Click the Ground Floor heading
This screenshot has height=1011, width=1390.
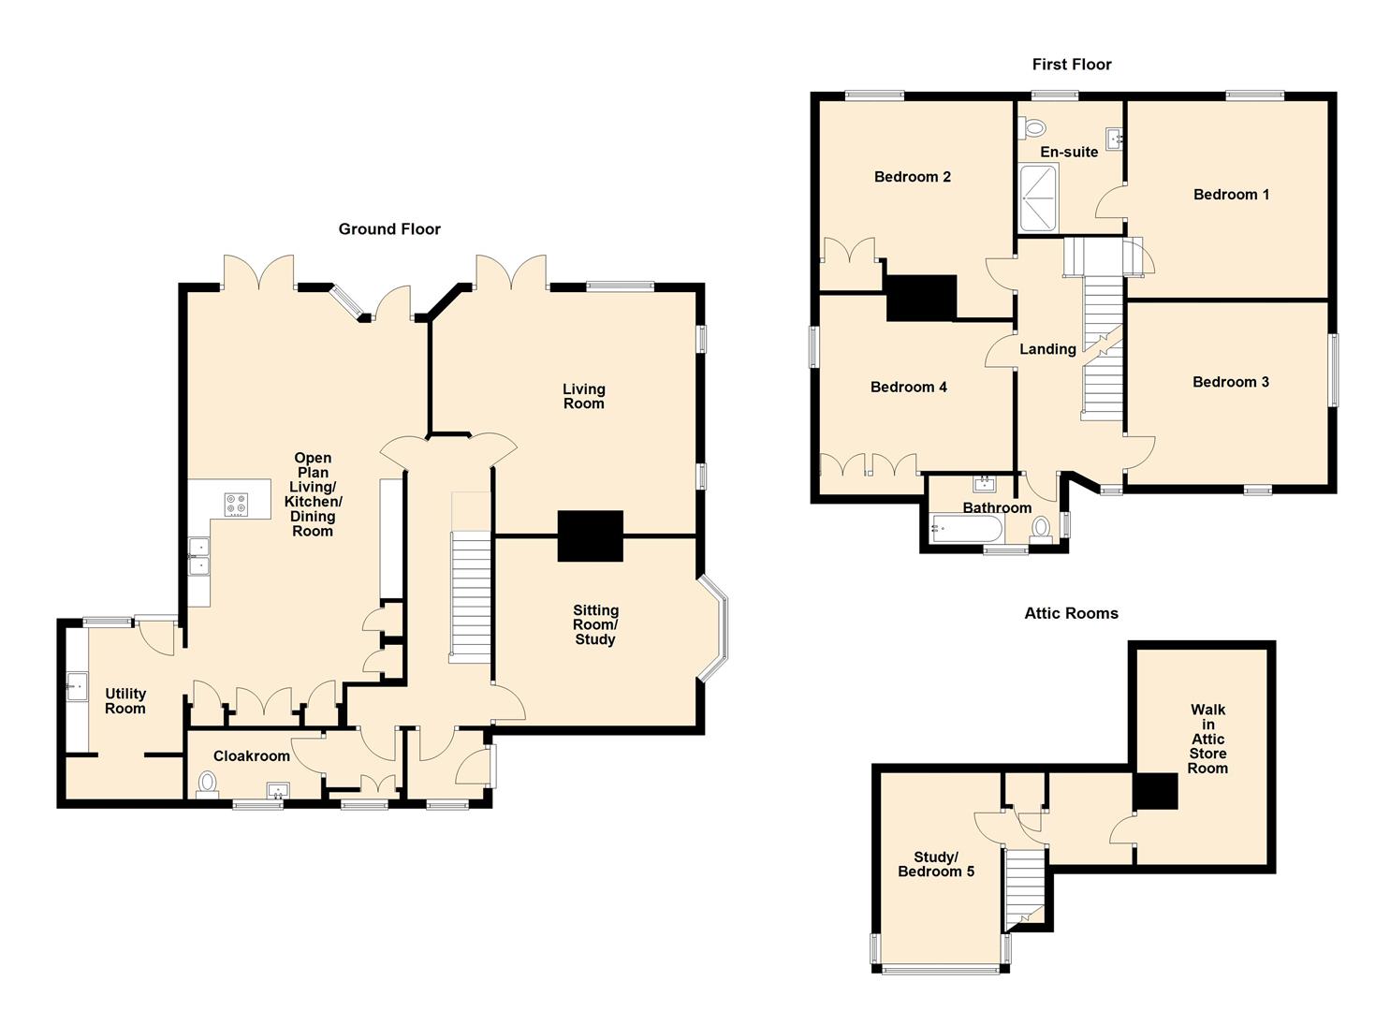pos(389,229)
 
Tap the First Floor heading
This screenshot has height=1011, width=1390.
pos(1072,64)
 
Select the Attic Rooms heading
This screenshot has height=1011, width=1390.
pos(1071,613)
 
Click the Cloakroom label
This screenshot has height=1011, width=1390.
pos(251,756)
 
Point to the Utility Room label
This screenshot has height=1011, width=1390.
pos(125,701)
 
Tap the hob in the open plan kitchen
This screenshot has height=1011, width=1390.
pos(237,503)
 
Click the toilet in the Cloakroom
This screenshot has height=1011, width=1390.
pos(208,784)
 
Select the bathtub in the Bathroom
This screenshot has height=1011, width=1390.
pos(967,530)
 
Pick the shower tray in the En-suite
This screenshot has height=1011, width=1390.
pos(1038,198)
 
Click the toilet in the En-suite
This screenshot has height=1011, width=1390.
pos(1032,128)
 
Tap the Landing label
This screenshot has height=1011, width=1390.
pos(1047,349)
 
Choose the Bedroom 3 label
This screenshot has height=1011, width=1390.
pos(1231,382)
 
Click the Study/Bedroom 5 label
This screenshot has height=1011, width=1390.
pos(936,864)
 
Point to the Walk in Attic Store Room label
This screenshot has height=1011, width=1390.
pos(1207,739)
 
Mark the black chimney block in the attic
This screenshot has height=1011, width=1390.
pos(1155,791)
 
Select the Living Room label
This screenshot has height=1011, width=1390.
pos(583,396)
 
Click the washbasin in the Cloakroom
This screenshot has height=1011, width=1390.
pos(277,791)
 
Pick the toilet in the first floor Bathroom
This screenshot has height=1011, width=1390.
pos(1041,529)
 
